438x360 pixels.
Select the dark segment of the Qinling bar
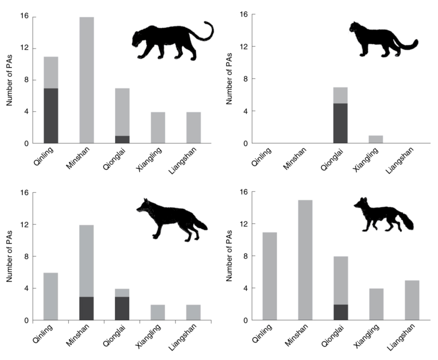[51, 116]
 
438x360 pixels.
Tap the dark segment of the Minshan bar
[86, 308]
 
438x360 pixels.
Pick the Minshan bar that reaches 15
[305, 260]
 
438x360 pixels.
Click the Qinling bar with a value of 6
[51, 296]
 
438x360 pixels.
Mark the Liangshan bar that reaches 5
[412, 300]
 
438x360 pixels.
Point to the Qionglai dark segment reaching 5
[341, 123]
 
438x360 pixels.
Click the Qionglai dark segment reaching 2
[341, 312]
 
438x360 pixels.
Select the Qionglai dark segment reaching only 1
[122, 139]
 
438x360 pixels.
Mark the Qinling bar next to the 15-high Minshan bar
[269, 276]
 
